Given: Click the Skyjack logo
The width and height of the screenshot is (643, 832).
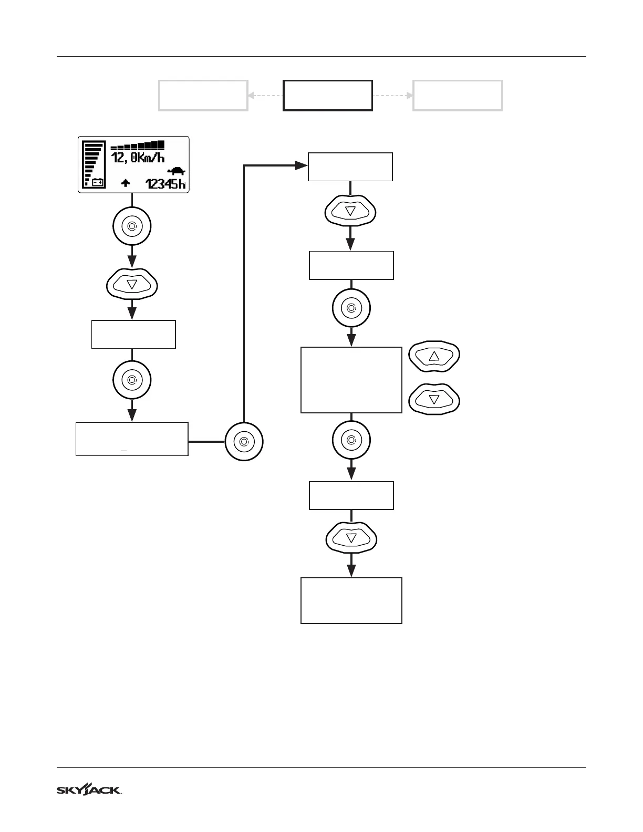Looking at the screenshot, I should click(x=89, y=790).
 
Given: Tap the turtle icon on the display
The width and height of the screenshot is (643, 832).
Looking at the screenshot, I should click(x=177, y=171).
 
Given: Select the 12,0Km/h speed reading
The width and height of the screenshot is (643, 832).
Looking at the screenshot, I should click(x=138, y=157).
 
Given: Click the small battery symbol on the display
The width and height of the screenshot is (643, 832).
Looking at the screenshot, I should click(x=98, y=183).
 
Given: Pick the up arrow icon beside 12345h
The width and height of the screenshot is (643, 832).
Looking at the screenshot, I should click(x=126, y=183).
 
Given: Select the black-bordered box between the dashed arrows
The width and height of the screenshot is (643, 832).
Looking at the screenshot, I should click(x=328, y=96).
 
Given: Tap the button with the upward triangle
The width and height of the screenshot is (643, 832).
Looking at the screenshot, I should click(x=434, y=357).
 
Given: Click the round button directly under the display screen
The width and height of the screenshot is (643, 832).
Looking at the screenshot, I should click(x=132, y=227).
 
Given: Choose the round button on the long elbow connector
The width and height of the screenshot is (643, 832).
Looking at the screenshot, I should click(x=244, y=442).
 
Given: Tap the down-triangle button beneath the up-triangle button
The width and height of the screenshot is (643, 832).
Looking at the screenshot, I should click(x=434, y=400).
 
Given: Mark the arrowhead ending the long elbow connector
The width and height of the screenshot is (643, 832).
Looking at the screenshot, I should click(x=303, y=165).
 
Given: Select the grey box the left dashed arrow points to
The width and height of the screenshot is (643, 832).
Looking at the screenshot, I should click(x=203, y=96).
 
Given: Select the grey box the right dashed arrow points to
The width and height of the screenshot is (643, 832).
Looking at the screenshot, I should click(x=458, y=96).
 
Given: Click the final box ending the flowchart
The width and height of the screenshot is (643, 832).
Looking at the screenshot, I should click(x=351, y=600).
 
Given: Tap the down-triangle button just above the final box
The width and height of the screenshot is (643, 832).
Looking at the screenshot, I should click(x=351, y=538).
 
